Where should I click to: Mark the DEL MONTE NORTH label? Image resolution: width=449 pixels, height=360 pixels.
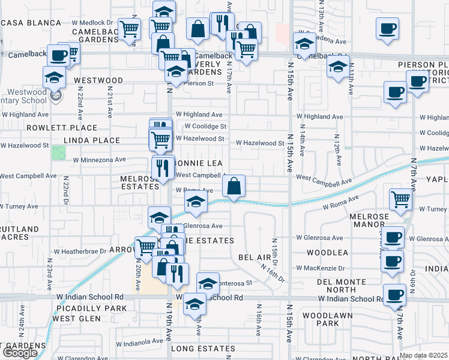pyautogui.click(x=343, y=286)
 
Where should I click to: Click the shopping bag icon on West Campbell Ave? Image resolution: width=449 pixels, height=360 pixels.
pyautogui.click(x=234, y=185)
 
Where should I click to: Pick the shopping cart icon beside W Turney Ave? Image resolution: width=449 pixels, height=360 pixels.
pyautogui.click(x=400, y=199)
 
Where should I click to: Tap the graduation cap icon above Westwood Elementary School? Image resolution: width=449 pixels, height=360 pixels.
pyautogui.click(x=54, y=77)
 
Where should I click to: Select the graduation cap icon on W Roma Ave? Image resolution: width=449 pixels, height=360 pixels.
pyautogui.click(x=195, y=203)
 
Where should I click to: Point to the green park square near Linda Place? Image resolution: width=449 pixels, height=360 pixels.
pyautogui.click(x=58, y=152)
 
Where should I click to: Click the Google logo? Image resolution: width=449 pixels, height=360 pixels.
pyautogui.click(x=19, y=353)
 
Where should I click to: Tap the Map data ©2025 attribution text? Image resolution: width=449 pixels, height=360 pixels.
pyautogui.click(x=423, y=355)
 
